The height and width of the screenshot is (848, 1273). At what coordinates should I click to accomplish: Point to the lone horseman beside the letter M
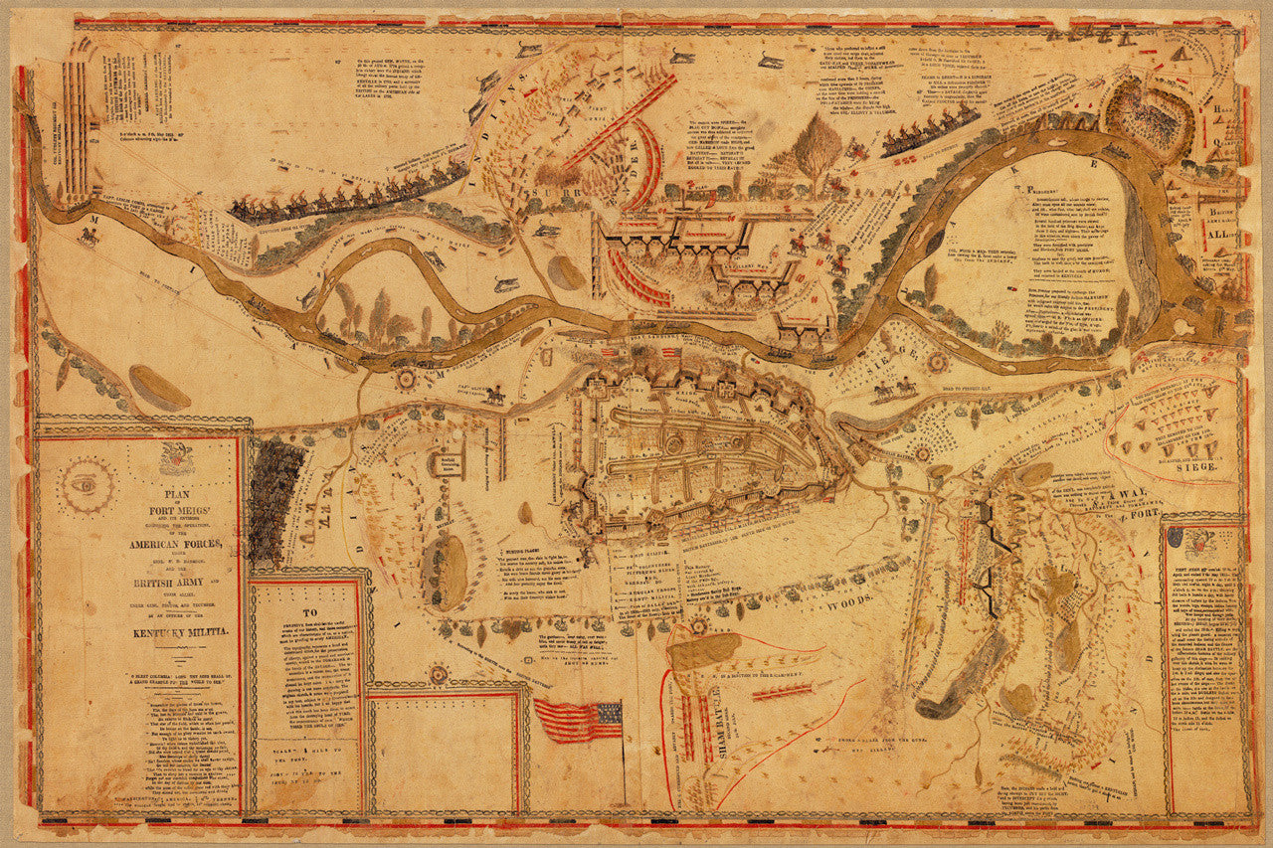click(x=90, y=236)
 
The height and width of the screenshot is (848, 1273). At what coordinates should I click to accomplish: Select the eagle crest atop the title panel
click(x=175, y=455)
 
